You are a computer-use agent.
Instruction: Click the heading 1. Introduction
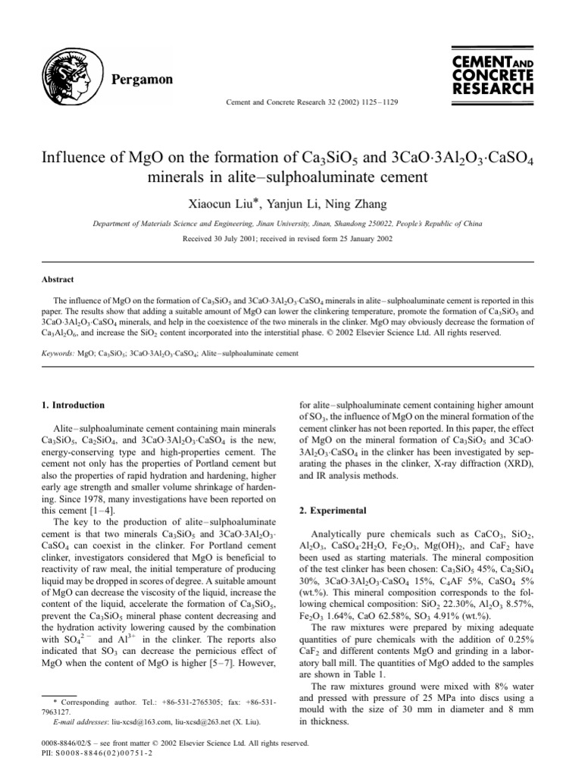pyautogui.click(x=73, y=405)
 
